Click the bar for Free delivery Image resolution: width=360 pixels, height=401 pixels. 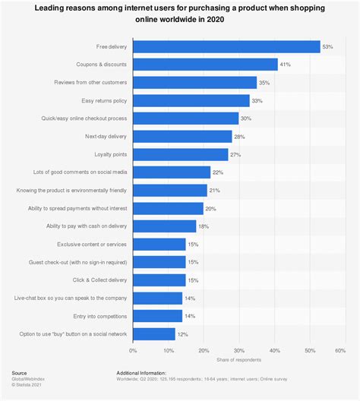pyautogui.click(x=226, y=47)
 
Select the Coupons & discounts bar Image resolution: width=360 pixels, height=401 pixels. pyautogui.click(x=205, y=65)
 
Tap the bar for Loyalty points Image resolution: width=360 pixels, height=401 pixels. pyautogui.click(x=180, y=154)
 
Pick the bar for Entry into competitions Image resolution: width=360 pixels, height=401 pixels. pyautogui.click(x=157, y=316)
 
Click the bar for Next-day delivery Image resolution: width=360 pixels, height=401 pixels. pyautogui.click(x=182, y=137)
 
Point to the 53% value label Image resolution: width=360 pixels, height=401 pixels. pyautogui.click(x=327, y=47)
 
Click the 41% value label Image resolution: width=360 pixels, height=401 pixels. pyautogui.click(x=285, y=65)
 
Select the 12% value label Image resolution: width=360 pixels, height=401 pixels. pyautogui.click(x=182, y=334)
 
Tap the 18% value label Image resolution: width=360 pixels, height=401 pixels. pyautogui.click(x=204, y=226)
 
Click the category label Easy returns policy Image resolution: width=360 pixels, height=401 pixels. pyautogui.click(x=104, y=100)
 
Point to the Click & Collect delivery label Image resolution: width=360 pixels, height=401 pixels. pyautogui.click(x=98, y=280)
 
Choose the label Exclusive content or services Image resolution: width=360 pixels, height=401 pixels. pyautogui.click(x=92, y=245)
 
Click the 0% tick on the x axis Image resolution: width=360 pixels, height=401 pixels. pyautogui.click(x=133, y=351)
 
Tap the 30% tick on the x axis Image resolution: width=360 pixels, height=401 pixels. pyautogui.click(x=239, y=351)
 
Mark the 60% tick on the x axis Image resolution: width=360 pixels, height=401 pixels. pyautogui.click(x=345, y=351)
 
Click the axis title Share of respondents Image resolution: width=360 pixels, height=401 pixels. pyautogui.click(x=238, y=360)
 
